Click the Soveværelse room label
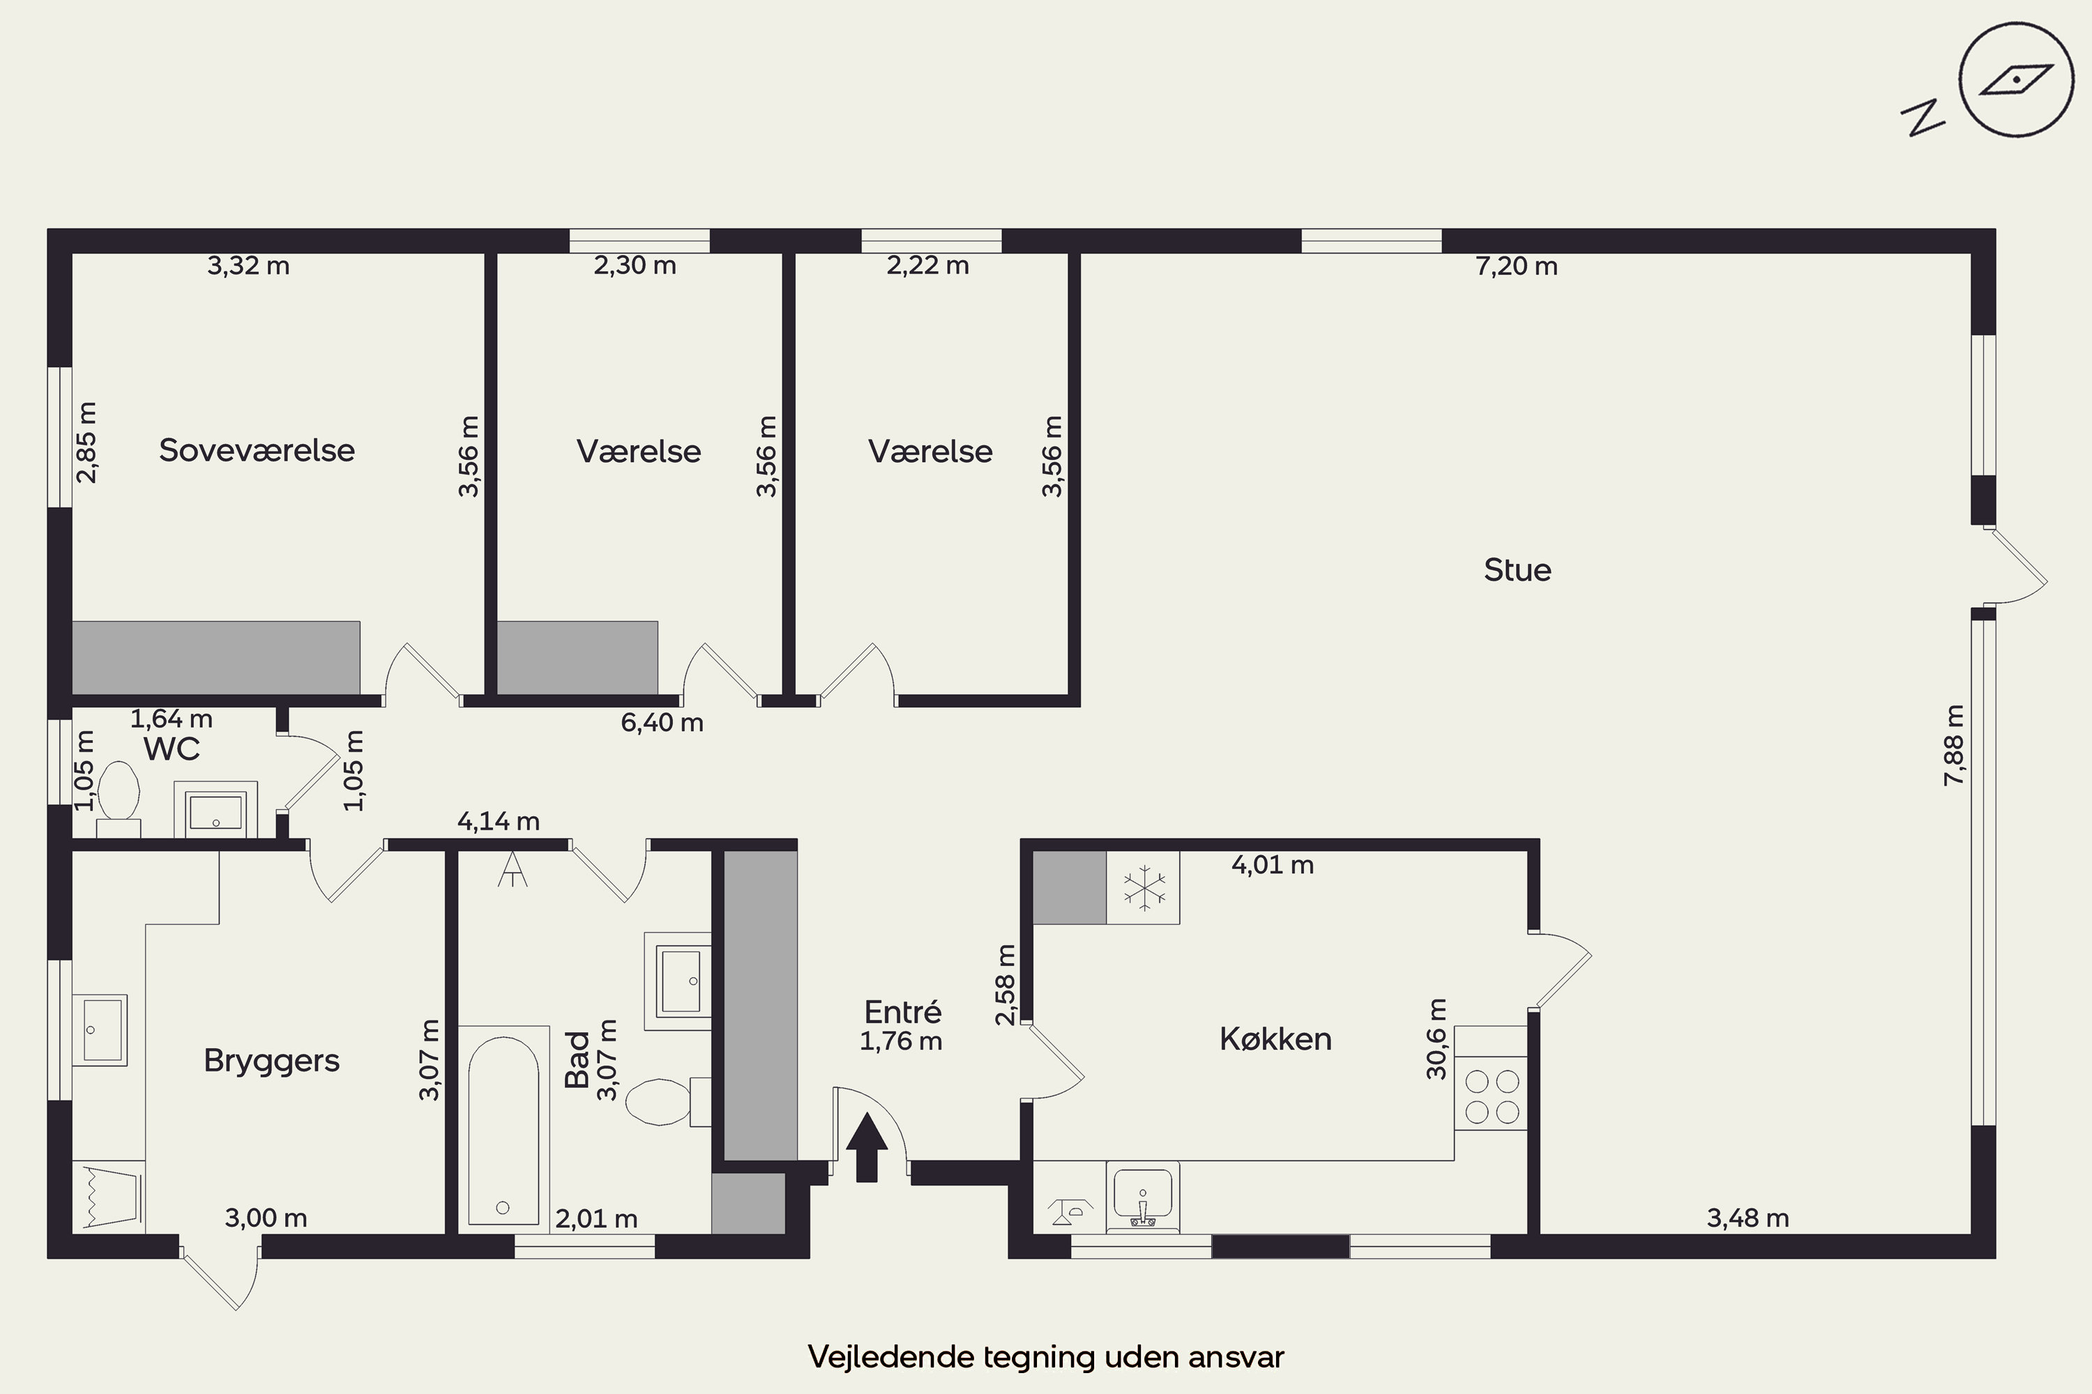(257, 451)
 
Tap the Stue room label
(1517, 570)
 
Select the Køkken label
(1275, 1039)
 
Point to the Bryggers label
(271, 1062)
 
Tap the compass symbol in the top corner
(2017, 93)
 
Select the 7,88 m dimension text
(1954, 745)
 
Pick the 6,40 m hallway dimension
(662, 722)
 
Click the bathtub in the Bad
(503, 1130)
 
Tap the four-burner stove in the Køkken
(1492, 1097)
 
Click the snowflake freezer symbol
(1143, 888)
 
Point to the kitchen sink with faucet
(1143, 1197)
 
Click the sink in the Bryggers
(100, 1030)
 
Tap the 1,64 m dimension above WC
(172, 719)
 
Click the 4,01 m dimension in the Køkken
(1272, 864)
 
